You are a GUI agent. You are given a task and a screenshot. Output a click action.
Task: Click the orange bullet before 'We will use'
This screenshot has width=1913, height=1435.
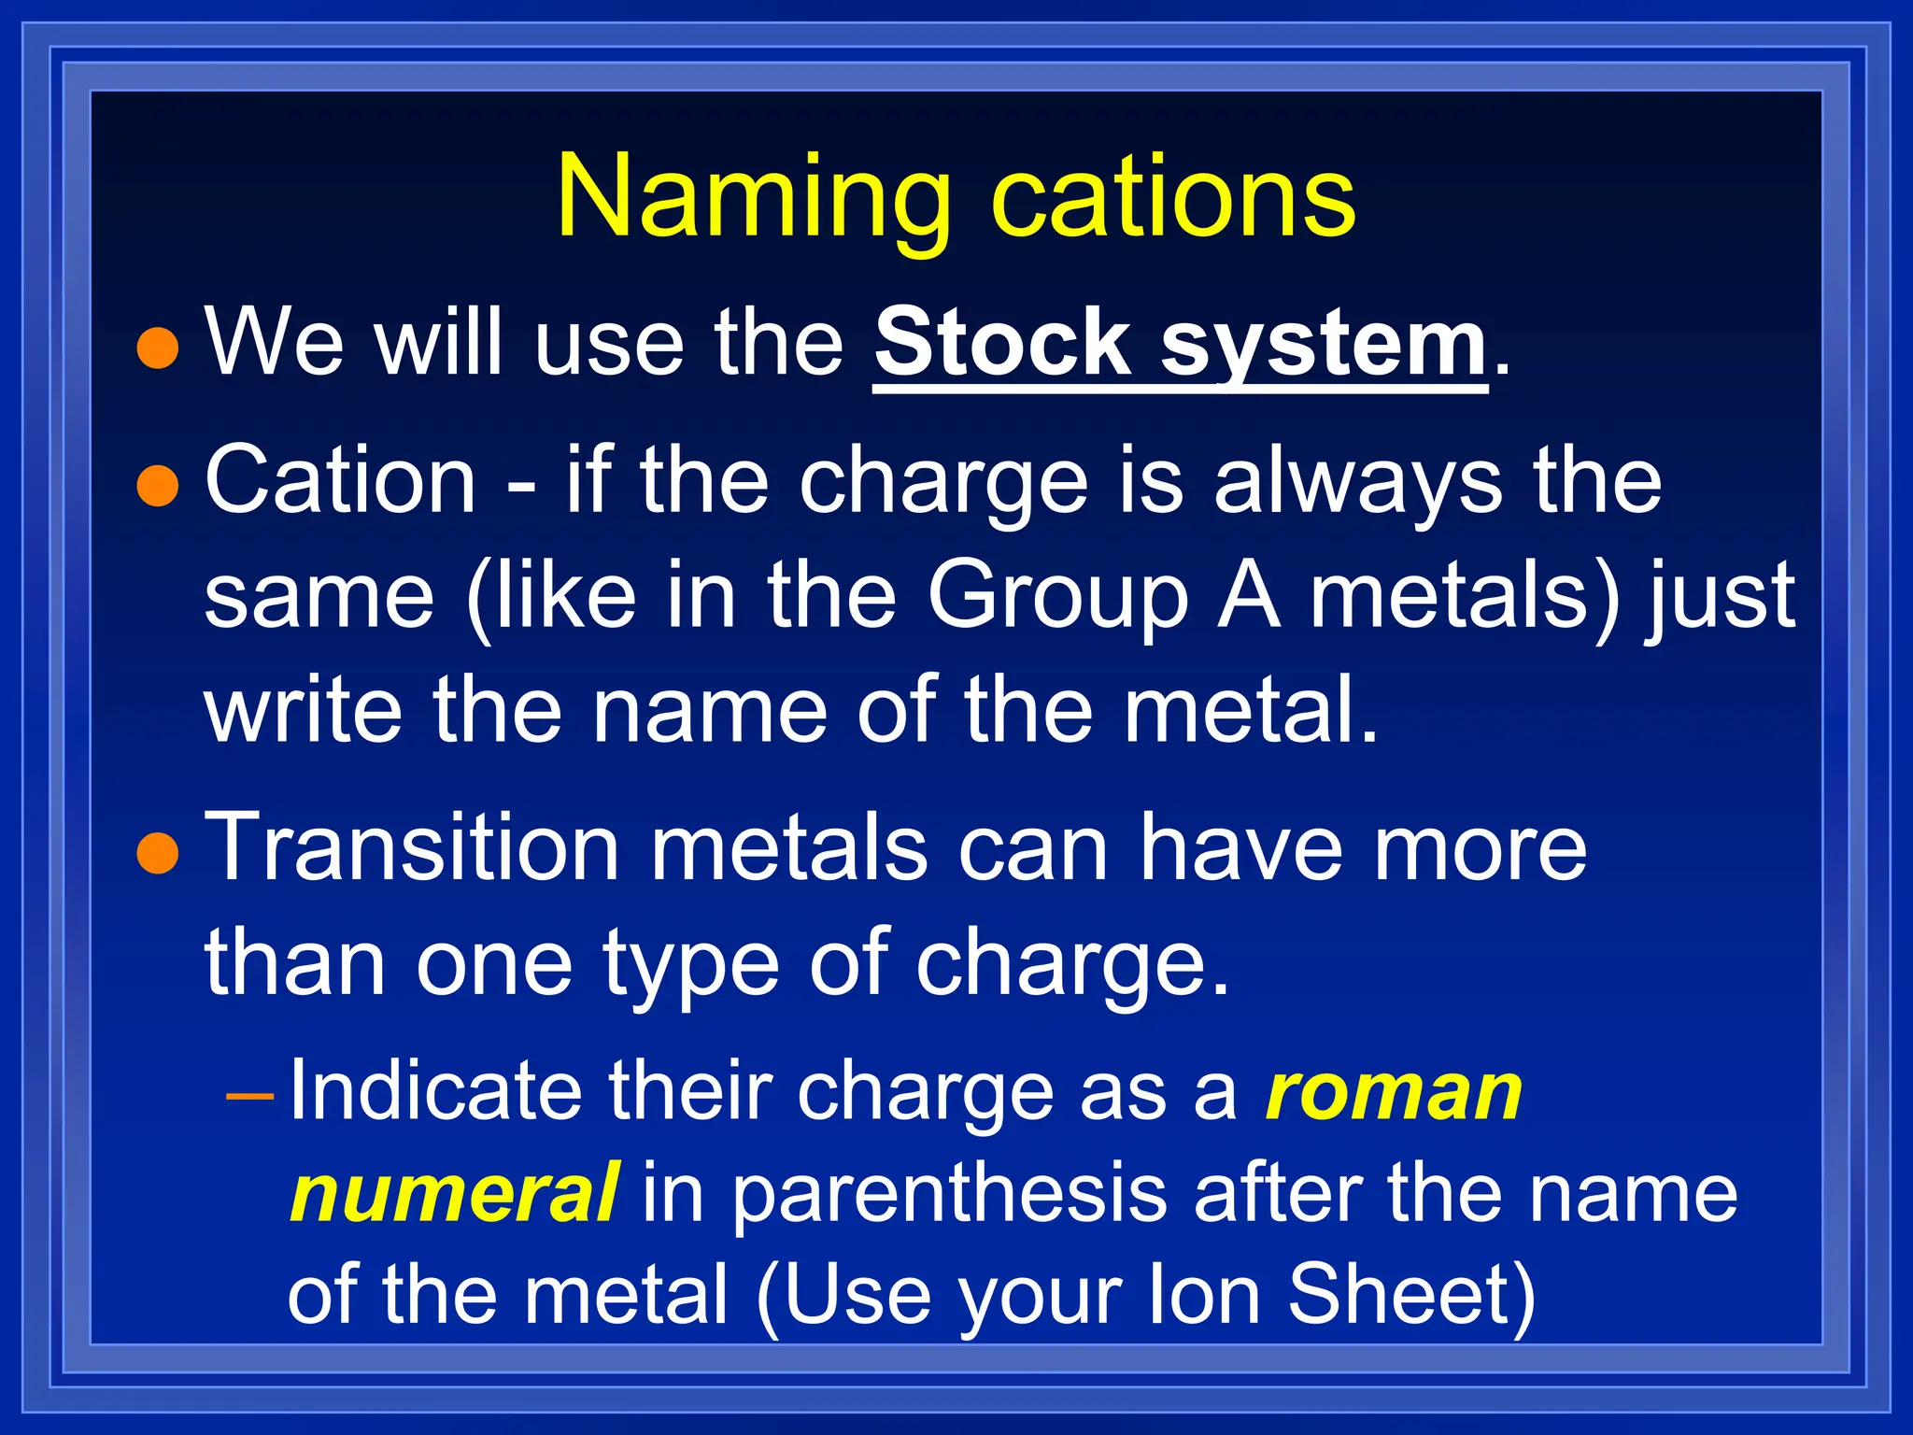click(157, 348)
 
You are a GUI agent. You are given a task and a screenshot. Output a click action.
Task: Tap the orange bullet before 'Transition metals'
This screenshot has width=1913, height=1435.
click(157, 853)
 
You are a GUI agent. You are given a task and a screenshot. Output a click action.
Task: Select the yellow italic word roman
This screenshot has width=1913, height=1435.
click(1394, 1093)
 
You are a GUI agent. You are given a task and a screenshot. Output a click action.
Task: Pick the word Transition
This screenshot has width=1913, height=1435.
click(411, 846)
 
